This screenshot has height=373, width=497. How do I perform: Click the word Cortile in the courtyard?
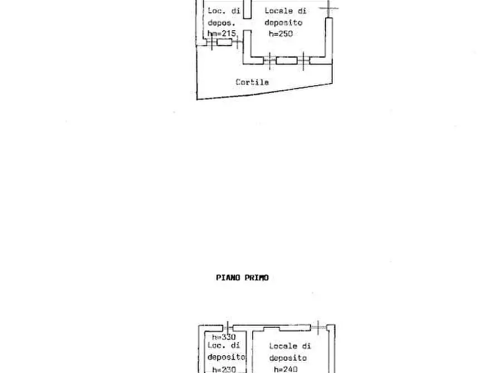point(252,82)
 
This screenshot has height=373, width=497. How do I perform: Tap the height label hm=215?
point(222,34)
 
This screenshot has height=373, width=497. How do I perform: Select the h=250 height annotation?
point(281,34)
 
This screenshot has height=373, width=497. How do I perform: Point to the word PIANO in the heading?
point(228,277)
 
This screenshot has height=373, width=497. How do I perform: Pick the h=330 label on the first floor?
point(224,337)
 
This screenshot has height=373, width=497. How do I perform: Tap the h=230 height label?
point(224,369)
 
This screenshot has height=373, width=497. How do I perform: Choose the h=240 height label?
point(286,369)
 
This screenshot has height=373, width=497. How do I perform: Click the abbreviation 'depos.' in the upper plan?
point(222,23)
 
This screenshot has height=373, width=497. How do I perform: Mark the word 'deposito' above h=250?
point(283,23)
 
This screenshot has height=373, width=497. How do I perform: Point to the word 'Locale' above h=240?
point(283,346)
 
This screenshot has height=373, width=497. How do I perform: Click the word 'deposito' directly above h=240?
point(288,358)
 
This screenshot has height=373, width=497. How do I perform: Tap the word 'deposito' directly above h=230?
point(226,357)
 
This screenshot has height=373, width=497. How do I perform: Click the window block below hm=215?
point(224,42)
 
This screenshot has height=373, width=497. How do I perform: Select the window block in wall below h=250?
point(287,60)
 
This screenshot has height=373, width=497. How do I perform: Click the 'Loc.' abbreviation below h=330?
point(216,345)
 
